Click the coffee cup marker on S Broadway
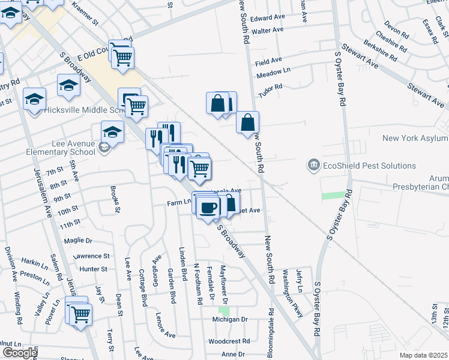pos(208,208)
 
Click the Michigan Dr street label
pos(230,319)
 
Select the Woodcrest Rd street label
pos(229,341)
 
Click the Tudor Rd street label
pos(270,91)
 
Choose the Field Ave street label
pos(268,61)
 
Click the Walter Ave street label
pos(267,30)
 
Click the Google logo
pos(19,353)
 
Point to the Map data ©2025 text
pos(423,355)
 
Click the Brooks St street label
pos(114,199)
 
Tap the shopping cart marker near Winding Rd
pos(80,313)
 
